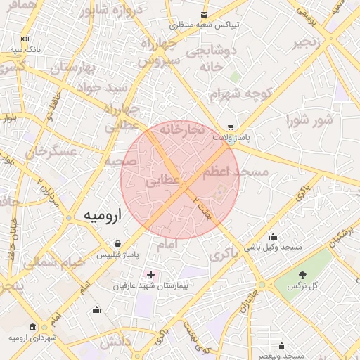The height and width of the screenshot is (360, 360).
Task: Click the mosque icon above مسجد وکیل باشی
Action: pyautogui.click(x=273, y=237)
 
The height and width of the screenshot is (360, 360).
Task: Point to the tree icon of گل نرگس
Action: pyautogui.click(x=303, y=275)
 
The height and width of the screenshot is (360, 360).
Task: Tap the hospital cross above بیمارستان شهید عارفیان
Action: pyautogui.click(x=150, y=274)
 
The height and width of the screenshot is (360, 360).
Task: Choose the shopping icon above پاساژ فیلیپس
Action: pyautogui.click(x=117, y=243)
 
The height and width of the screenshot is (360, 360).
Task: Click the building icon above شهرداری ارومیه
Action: pyautogui.click(x=33, y=327)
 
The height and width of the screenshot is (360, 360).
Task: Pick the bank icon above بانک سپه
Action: pyautogui.click(x=25, y=39)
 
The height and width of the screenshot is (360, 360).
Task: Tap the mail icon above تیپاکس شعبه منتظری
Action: pyautogui.click(x=204, y=14)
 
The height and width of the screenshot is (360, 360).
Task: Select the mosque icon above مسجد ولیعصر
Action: pyautogui.click(x=281, y=345)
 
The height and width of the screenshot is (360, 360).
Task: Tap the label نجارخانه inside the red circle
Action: pyautogui.click(x=181, y=130)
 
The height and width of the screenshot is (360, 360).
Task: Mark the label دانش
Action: pyautogui.click(x=115, y=343)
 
